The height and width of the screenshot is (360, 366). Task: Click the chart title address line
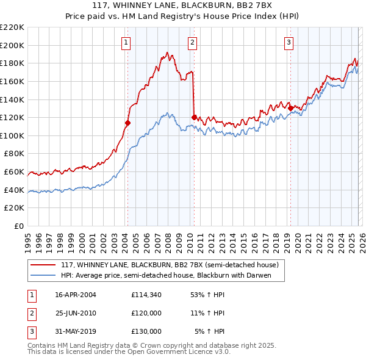click(x=182, y=6)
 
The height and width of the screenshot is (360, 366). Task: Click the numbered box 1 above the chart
click(x=125, y=42)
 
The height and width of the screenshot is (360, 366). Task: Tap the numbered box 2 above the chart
click(x=192, y=42)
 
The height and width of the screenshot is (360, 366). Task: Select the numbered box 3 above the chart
click(x=288, y=42)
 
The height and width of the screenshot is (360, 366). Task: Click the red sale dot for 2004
click(x=128, y=123)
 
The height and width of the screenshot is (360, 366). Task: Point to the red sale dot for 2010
click(x=194, y=117)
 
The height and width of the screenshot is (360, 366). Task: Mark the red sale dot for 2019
click(x=290, y=108)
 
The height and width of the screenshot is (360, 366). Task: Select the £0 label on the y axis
click(x=18, y=226)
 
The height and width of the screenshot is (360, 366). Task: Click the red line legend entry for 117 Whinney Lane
click(x=170, y=265)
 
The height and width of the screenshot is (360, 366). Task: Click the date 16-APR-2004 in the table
click(x=76, y=295)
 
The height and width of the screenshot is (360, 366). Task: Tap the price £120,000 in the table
click(x=146, y=313)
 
